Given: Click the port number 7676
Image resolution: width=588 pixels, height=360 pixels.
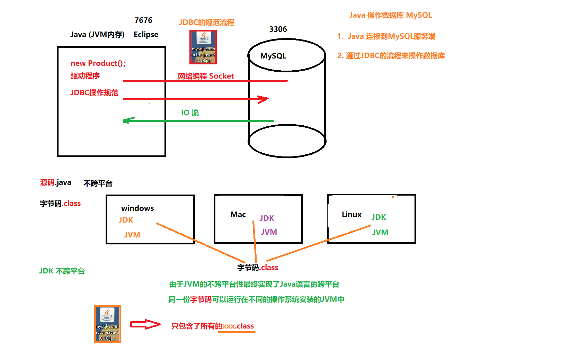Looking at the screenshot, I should (x=143, y=20).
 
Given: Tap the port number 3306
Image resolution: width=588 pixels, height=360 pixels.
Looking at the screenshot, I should (x=278, y=29).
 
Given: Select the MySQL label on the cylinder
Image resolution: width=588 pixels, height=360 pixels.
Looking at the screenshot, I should (x=273, y=56).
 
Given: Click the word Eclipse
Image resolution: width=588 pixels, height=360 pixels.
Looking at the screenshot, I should (x=146, y=35).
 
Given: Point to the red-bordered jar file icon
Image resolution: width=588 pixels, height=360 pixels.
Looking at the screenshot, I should (x=203, y=47).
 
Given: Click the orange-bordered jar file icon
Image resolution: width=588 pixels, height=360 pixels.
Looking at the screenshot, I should (x=108, y=324).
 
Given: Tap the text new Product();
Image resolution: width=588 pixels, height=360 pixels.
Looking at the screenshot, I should (x=98, y=63).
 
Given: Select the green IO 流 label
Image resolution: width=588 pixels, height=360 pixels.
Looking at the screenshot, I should (x=190, y=113).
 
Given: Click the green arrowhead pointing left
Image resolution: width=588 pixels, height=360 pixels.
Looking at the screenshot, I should (x=127, y=120).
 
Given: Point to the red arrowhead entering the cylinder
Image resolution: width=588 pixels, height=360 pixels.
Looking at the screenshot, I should (x=264, y=99).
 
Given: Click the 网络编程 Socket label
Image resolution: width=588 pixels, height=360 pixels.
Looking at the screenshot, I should (x=206, y=76).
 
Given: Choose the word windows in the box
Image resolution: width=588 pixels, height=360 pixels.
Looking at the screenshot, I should (x=137, y=208).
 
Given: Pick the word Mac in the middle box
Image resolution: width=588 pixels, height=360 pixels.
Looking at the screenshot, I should (x=238, y=215).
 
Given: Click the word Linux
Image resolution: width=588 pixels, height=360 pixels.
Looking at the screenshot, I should (x=351, y=215).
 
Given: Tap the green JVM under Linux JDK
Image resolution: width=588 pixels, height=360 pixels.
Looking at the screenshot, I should (x=380, y=233).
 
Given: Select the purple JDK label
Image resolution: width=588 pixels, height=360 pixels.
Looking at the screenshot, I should (x=267, y=218).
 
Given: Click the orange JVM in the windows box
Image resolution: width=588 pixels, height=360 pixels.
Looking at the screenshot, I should (x=132, y=235).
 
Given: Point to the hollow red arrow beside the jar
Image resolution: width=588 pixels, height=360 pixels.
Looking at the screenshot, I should (x=145, y=324).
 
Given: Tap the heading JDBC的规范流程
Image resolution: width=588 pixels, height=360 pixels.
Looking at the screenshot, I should (x=207, y=23).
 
